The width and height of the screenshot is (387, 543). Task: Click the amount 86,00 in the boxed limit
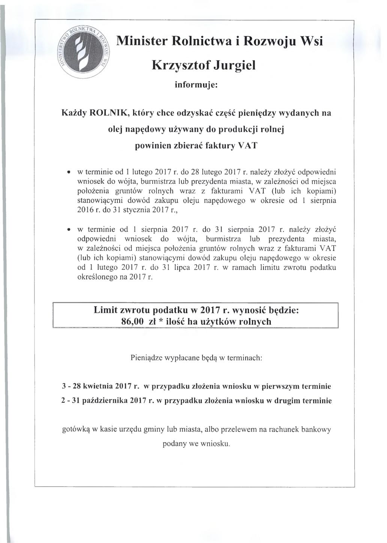(133, 322)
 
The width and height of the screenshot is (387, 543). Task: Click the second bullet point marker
(68, 229)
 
